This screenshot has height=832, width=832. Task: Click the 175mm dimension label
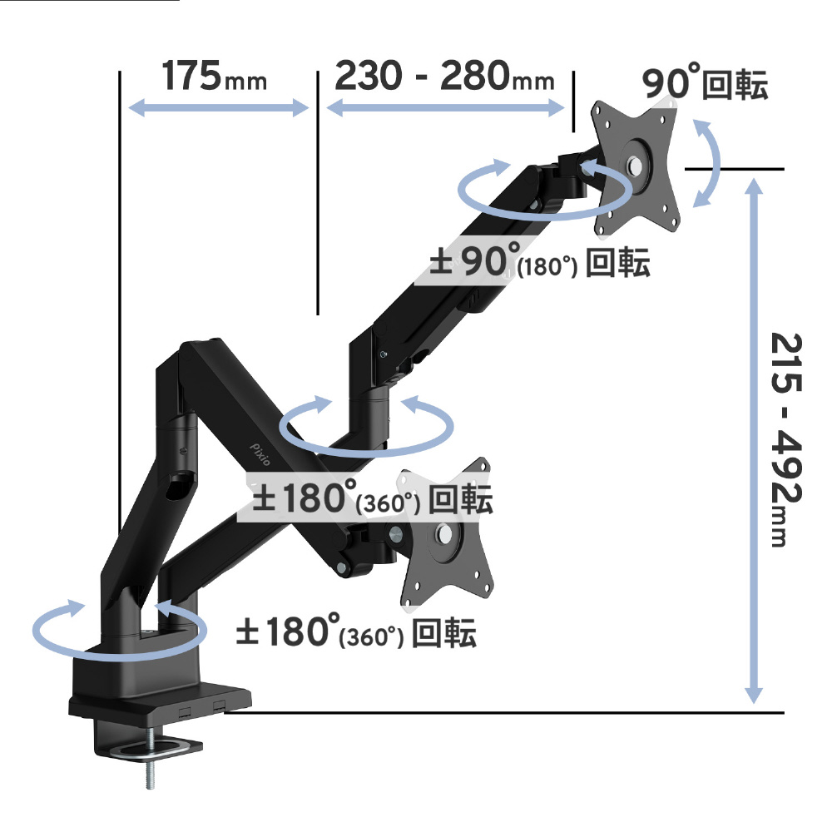tap(214, 76)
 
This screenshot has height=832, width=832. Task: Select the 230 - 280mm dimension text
tap(444, 76)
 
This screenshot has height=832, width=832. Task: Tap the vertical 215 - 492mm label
tap(786, 439)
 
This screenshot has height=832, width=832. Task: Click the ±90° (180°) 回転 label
tap(540, 260)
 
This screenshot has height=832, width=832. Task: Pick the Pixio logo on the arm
tap(260, 454)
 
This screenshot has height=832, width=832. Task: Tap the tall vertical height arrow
tap(754, 441)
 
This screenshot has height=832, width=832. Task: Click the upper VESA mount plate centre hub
tap(635, 166)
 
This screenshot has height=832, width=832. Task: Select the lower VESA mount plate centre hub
tap(444, 532)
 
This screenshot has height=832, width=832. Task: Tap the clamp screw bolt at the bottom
tap(150, 758)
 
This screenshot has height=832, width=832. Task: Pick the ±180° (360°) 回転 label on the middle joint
tap(373, 498)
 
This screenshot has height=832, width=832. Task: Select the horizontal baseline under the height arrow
tap(504, 712)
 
